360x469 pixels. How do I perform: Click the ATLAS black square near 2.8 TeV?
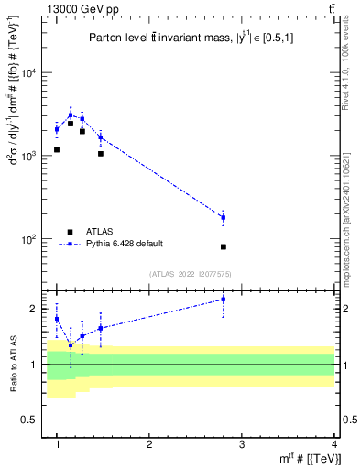pyautogui.click(x=224, y=246)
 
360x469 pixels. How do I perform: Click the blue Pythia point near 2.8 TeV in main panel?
pyautogui.click(x=224, y=217)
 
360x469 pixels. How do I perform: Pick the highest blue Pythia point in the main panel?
pyautogui.click(x=71, y=115)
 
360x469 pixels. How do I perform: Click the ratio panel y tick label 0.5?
pyautogui.click(x=37, y=420)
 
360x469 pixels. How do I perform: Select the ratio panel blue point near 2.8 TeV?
pyautogui.click(x=224, y=300)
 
